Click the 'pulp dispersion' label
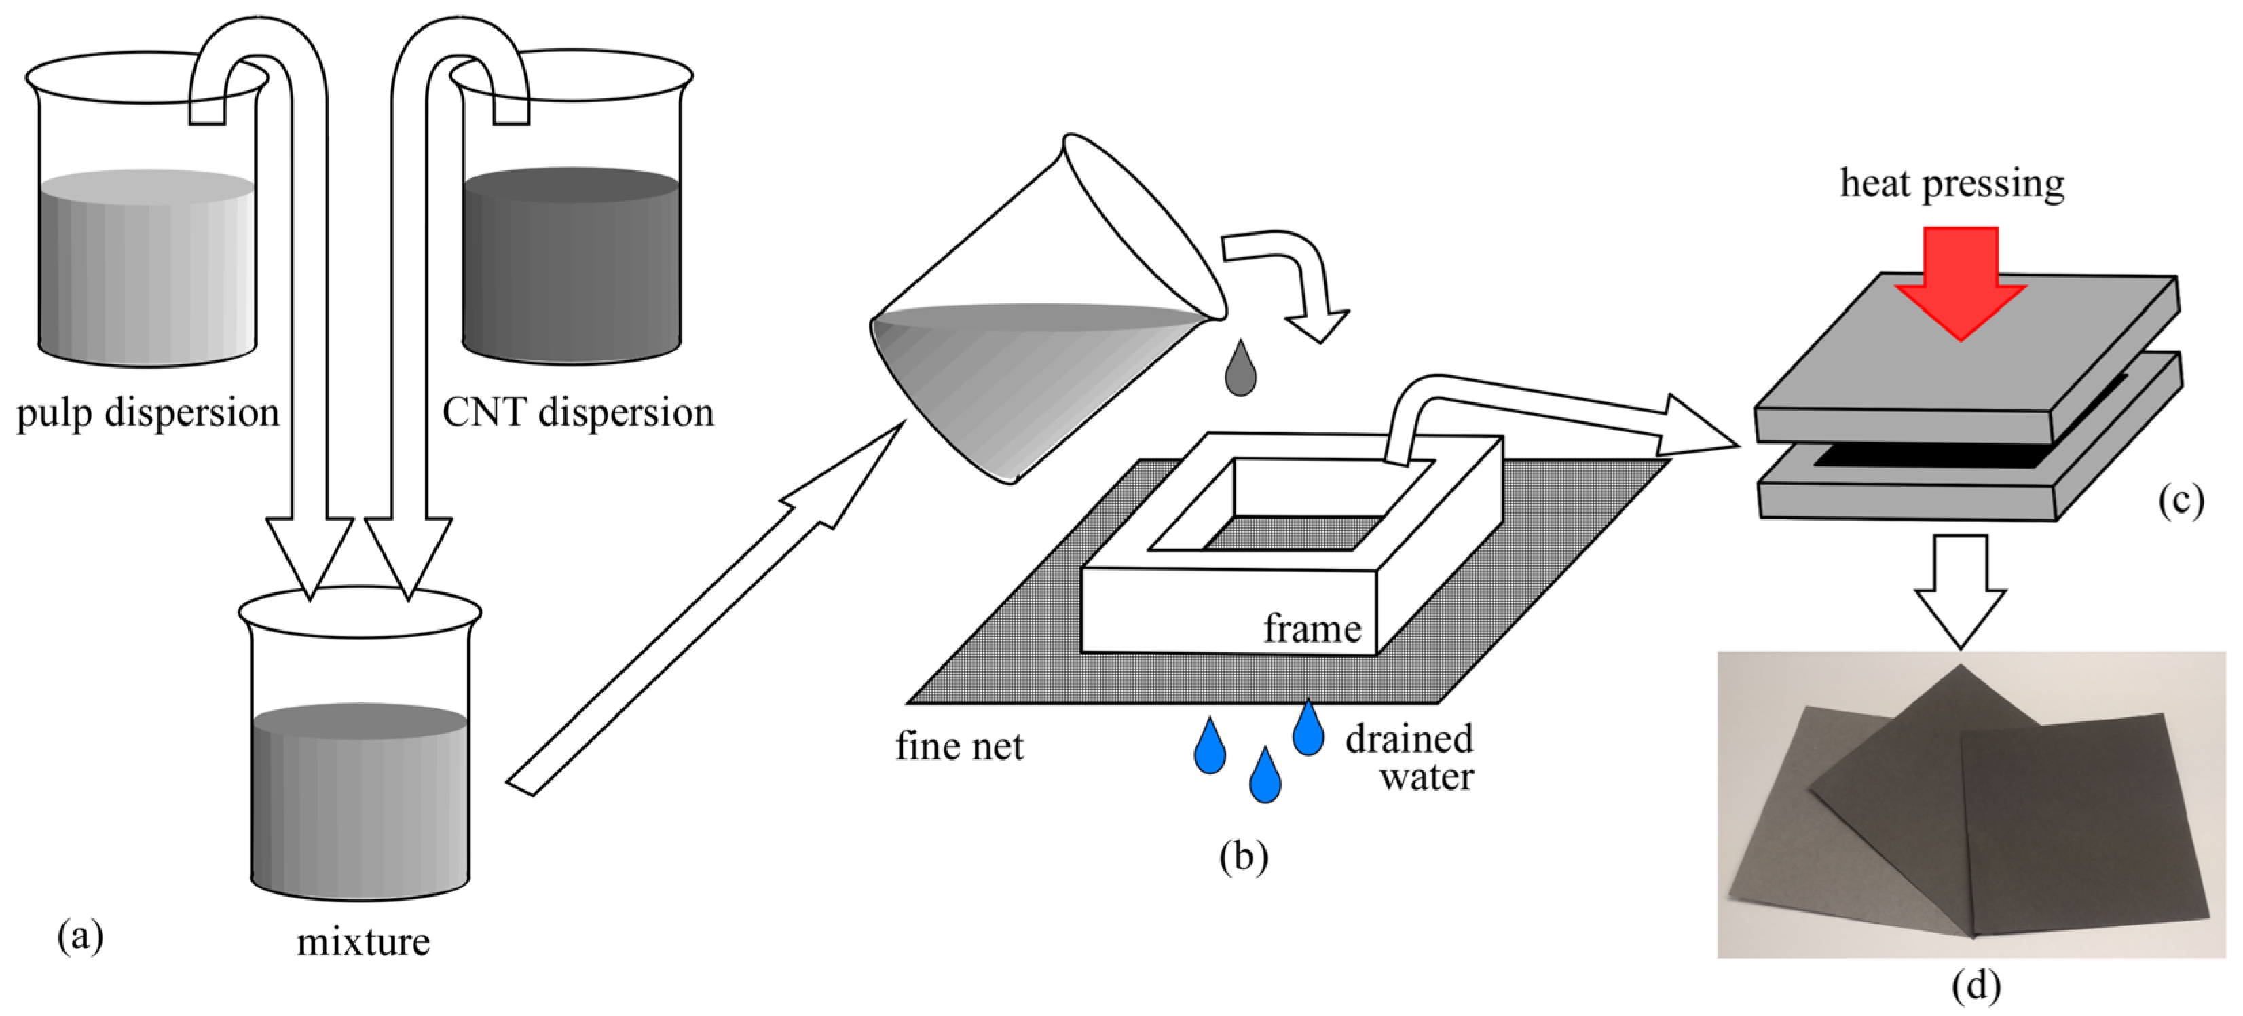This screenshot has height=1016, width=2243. click(148, 413)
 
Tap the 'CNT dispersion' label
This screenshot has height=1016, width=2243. click(577, 413)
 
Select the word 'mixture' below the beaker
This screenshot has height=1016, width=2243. click(363, 942)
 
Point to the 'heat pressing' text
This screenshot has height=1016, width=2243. click(1951, 185)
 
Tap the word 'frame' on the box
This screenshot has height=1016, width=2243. click(1312, 628)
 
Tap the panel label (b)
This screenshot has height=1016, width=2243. click(1244, 857)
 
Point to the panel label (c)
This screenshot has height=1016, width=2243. click(2181, 502)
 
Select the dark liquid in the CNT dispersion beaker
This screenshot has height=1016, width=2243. click(570, 270)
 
